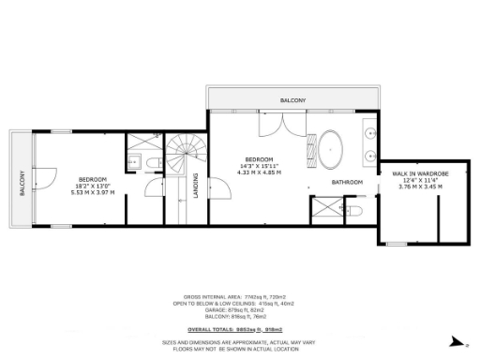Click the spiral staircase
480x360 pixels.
point(182,154)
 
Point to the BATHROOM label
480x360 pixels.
point(346,182)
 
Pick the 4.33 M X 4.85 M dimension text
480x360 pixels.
point(260,172)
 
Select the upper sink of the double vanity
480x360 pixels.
point(372,129)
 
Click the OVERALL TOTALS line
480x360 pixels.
point(239,328)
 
